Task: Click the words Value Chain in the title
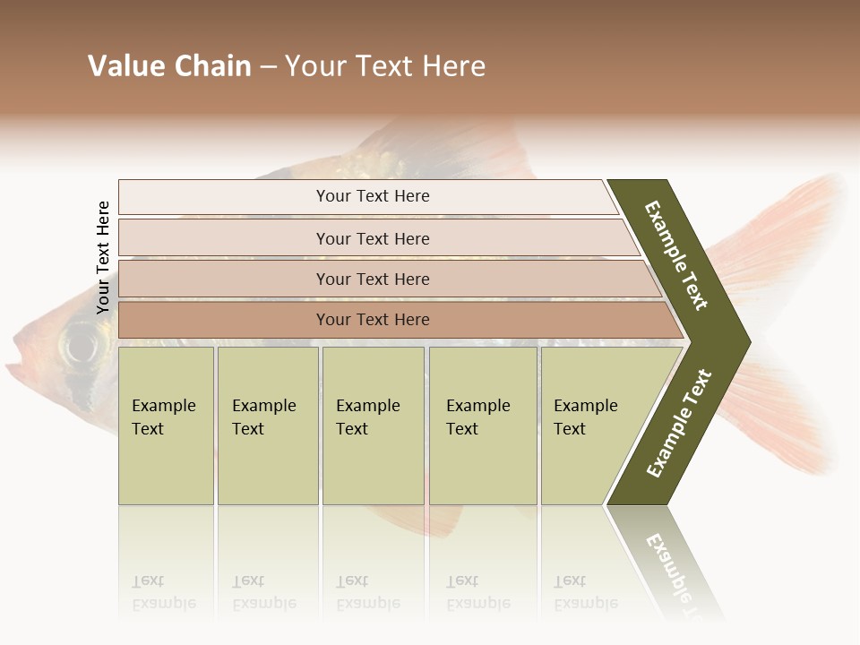pyautogui.click(x=169, y=66)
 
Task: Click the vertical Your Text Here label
pyautogui.click(x=103, y=257)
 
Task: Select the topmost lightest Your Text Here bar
pyautogui.click(x=373, y=196)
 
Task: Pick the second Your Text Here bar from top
pyautogui.click(x=373, y=238)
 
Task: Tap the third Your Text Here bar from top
pyautogui.click(x=373, y=279)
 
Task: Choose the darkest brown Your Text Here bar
pyautogui.click(x=373, y=320)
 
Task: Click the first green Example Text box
pyautogui.click(x=166, y=426)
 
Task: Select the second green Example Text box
pyautogui.click(x=268, y=426)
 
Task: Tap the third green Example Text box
pyautogui.click(x=373, y=426)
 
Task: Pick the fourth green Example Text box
pyautogui.click(x=483, y=426)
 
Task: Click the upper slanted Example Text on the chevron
pyautogui.click(x=676, y=255)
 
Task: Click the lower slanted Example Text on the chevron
pyautogui.click(x=679, y=423)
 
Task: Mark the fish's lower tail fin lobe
pyautogui.click(x=788, y=421)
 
